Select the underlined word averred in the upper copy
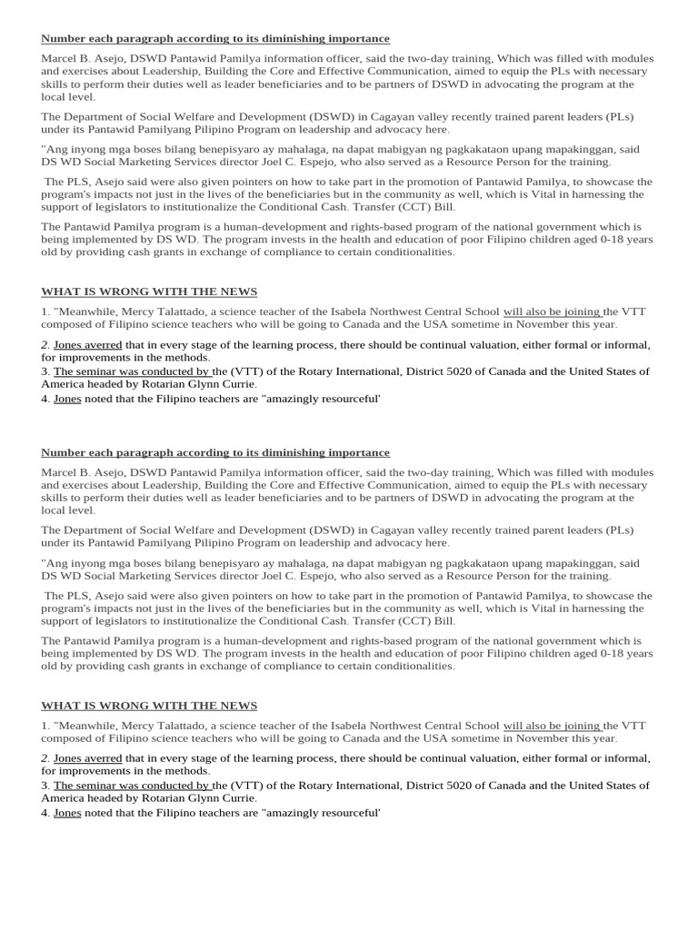104,345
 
